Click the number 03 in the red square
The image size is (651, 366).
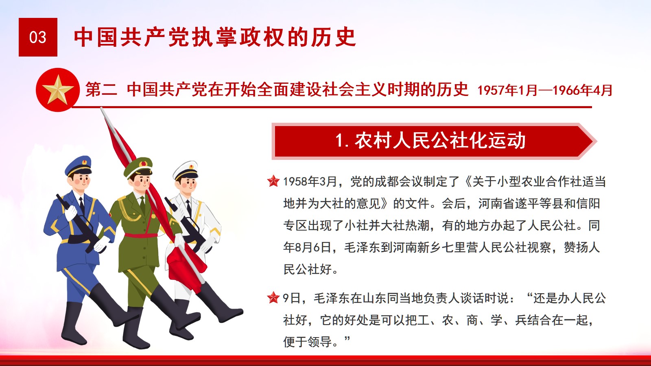[x=38, y=37]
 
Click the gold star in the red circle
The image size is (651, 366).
[x=58, y=89]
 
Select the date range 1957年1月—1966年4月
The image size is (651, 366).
[x=545, y=90]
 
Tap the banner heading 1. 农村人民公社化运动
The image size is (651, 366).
[x=430, y=141]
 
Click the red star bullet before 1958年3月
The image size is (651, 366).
[x=273, y=181]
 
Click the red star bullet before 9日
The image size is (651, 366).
[x=273, y=297]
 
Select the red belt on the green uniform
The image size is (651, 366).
[x=141, y=235]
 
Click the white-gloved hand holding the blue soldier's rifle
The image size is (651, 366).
[x=70, y=213]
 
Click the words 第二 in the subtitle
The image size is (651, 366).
[x=101, y=89]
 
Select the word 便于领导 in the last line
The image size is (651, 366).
[x=308, y=342]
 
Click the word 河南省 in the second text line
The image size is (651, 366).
[x=496, y=203]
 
